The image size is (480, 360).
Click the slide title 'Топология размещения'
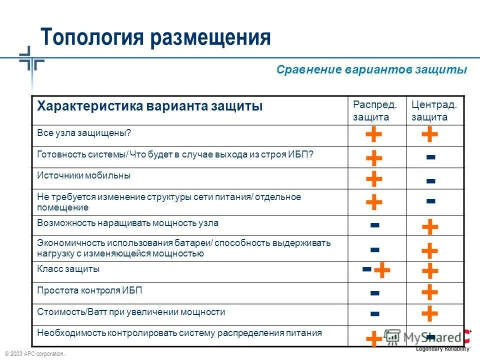pos(155,38)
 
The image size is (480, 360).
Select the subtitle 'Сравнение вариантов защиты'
pos(371,69)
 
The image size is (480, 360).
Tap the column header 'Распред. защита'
pos(375,110)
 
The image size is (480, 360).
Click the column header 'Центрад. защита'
pos(434,110)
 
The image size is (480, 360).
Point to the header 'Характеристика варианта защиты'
pos(150,106)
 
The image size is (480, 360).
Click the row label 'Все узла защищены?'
pos(84,133)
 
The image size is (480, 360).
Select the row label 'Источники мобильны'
pos(84,175)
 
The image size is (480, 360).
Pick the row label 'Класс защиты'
pos(68,269)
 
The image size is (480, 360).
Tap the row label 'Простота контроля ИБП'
pos(86,290)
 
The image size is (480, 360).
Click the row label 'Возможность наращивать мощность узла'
pos(128,223)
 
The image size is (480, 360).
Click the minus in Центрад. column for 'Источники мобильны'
pos(430,180)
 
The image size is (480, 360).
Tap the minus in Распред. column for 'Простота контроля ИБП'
pos(375,292)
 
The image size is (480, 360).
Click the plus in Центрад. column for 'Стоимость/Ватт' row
pos(429,313)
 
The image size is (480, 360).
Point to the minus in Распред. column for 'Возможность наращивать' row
pos(375,225)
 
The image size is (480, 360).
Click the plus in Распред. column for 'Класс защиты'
pos(382,270)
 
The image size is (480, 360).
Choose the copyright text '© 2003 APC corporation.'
pos(33,354)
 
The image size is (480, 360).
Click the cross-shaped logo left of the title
pos(31,61)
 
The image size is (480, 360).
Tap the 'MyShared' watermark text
pos(425,337)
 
